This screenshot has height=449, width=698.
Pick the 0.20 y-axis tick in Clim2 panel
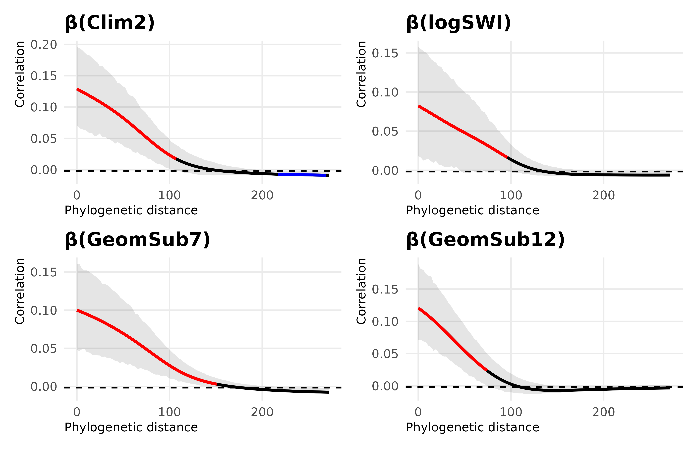click(x=44, y=45)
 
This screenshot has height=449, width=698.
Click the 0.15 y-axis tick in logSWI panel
click(x=385, y=53)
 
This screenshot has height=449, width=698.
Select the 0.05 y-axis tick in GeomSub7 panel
click(x=44, y=348)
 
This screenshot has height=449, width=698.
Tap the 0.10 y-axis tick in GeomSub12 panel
click(x=385, y=322)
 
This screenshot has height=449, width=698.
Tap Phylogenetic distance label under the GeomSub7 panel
click(x=131, y=427)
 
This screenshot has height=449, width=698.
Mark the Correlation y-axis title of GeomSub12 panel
click(x=361, y=291)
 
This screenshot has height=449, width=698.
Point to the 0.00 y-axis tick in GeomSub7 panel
click(x=44, y=387)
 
